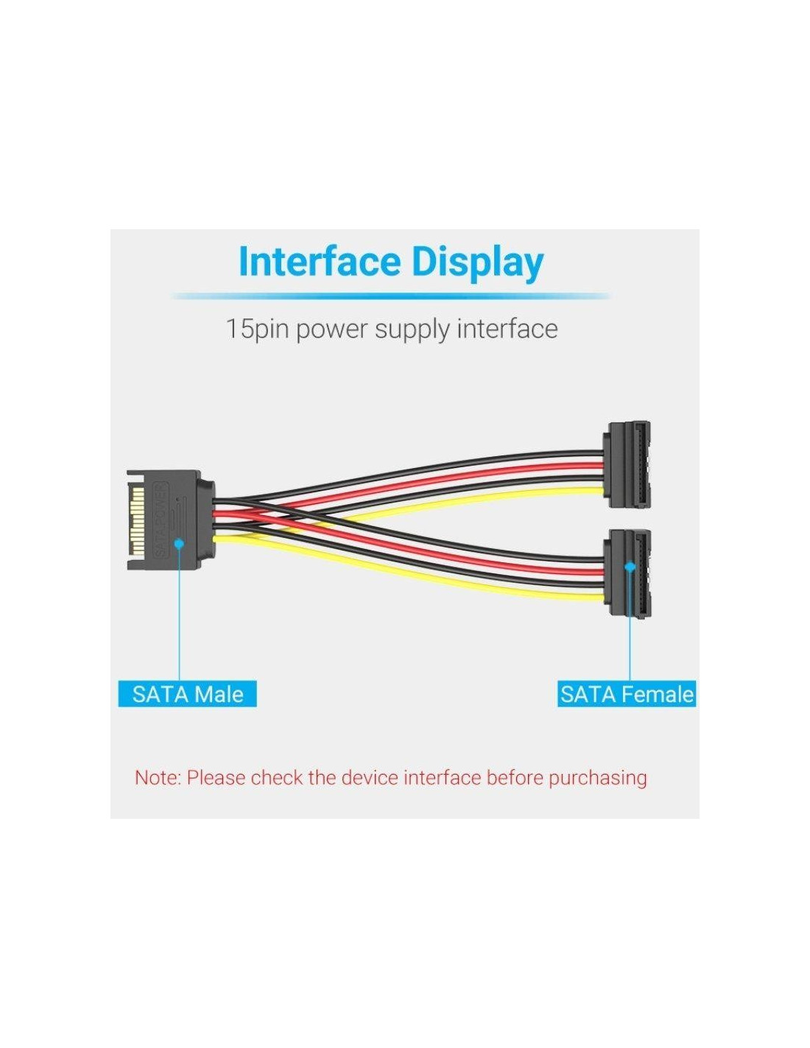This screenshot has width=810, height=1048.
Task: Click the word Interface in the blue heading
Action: coord(320,262)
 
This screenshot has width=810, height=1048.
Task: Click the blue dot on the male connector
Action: coord(179,544)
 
